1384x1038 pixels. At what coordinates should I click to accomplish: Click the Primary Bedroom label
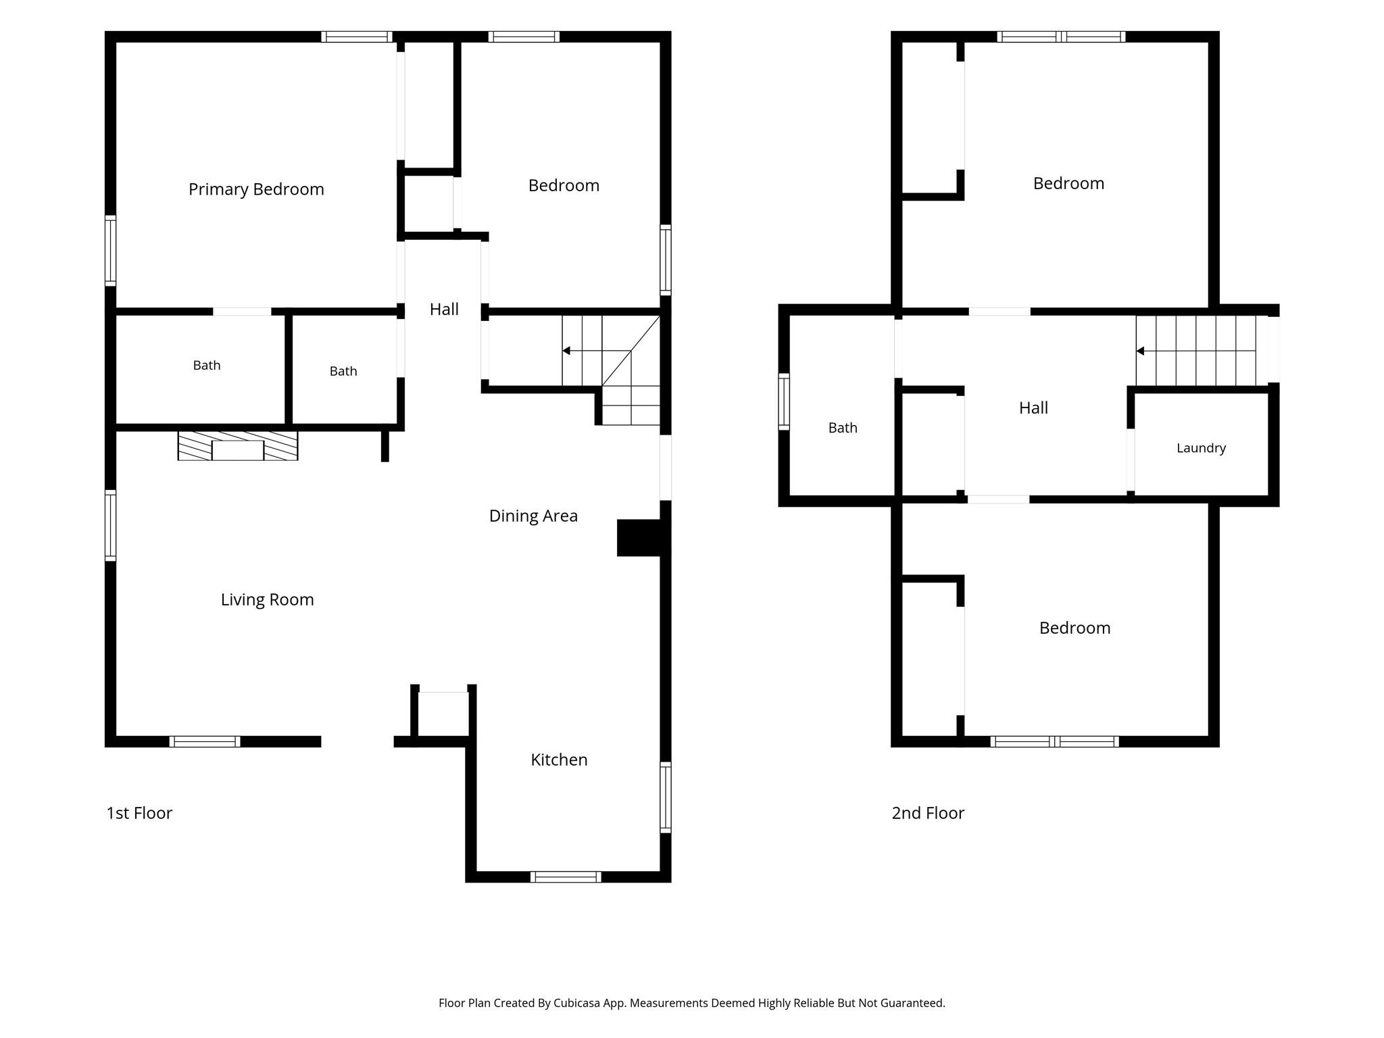pyautogui.click(x=256, y=189)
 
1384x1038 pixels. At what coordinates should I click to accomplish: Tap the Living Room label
pyautogui.click(x=267, y=599)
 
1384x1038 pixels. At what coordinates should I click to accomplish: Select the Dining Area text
pyautogui.click(x=533, y=516)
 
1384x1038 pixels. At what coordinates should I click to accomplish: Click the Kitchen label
pyautogui.click(x=559, y=760)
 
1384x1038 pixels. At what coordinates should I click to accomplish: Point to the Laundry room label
pyautogui.click(x=1201, y=448)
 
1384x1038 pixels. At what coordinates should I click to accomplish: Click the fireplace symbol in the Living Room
pyautogui.click(x=238, y=446)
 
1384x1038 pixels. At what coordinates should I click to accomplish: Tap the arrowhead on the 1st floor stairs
pyautogui.click(x=566, y=351)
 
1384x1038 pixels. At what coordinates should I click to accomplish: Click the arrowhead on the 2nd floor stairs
pyautogui.click(x=1140, y=351)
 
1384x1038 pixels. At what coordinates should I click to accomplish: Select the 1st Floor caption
pyautogui.click(x=139, y=813)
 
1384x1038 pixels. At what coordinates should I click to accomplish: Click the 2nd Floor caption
pyautogui.click(x=928, y=813)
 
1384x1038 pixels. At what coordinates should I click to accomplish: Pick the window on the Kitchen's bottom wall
pyautogui.click(x=566, y=877)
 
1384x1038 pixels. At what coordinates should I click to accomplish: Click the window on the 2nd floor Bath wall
pyautogui.click(x=784, y=401)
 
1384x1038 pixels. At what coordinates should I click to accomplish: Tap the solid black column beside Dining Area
pyautogui.click(x=639, y=538)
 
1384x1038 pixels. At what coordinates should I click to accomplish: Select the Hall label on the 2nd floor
pyautogui.click(x=1033, y=407)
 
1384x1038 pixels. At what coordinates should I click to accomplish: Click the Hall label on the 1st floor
pyautogui.click(x=444, y=309)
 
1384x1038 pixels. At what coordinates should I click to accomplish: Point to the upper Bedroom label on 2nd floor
pyautogui.click(x=1068, y=183)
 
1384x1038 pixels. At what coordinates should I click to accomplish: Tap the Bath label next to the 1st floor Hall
pyautogui.click(x=343, y=371)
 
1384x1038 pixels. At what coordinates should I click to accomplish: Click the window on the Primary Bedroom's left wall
pyautogui.click(x=110, y=251)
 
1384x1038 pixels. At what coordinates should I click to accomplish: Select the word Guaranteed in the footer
pyautogui.click(x=913, y=1003)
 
